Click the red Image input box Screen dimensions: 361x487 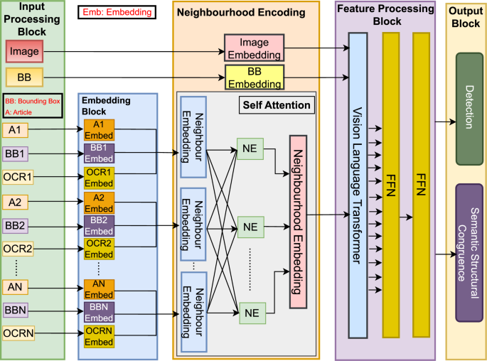click(x=24, y=52)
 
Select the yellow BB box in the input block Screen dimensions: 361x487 click(x=24, y=76)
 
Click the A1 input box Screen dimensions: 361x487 click(x=16, y=130)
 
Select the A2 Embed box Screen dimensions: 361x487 click(x=98, y=201)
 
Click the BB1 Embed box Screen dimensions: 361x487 click(x=98, y=152)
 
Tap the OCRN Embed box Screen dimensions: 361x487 click(x=98, y=336)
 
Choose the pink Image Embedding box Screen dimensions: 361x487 click(x=255, y=48)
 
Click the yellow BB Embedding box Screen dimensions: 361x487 click(x=255, y=77)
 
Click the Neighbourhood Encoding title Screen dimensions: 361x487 click(x=240, y=12)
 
